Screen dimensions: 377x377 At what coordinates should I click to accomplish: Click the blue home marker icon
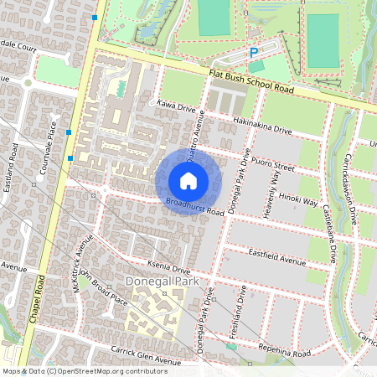point(188,181)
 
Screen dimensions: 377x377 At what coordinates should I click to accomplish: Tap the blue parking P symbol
point(253,53)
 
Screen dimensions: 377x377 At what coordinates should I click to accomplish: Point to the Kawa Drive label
point(175,106)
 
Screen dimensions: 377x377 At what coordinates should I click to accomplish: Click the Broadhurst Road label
point(194,207)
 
